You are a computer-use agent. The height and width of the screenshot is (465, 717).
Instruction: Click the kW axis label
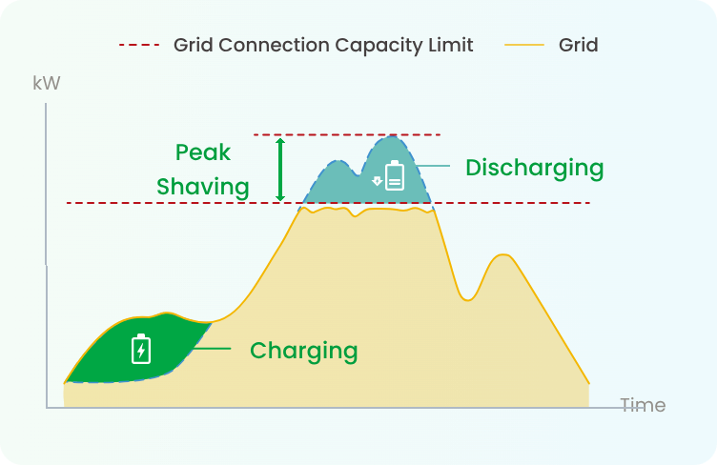tap(46, 83)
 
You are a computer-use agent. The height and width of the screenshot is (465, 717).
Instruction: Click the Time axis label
tap(643, 405)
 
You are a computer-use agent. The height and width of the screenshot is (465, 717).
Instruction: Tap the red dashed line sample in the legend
tap(139, 45)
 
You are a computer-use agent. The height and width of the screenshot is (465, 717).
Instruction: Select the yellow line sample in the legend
tap(524, 45)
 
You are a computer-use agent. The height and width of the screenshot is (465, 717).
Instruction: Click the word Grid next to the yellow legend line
tap(578, 45)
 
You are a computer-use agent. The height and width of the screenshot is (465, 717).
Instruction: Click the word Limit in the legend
tap(450, 45)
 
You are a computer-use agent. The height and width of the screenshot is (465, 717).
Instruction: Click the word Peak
tap(203, 152)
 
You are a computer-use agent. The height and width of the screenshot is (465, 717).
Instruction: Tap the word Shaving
tap(203, 188)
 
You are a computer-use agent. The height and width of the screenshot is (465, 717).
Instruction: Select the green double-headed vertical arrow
tap(280, 170)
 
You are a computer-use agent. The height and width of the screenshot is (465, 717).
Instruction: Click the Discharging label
tap(535, 168)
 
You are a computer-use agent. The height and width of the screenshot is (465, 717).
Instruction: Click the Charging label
tap(303, 352)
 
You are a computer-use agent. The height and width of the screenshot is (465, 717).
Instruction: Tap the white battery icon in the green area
tap(141, 349)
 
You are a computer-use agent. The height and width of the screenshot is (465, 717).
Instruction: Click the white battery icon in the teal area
tap(395, 175)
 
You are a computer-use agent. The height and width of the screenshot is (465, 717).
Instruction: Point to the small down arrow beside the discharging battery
tap(377, 181)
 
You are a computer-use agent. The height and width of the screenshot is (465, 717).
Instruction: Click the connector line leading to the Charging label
tap(213, 349)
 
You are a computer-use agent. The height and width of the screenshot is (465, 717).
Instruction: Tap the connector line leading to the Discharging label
tap(432, 166)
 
